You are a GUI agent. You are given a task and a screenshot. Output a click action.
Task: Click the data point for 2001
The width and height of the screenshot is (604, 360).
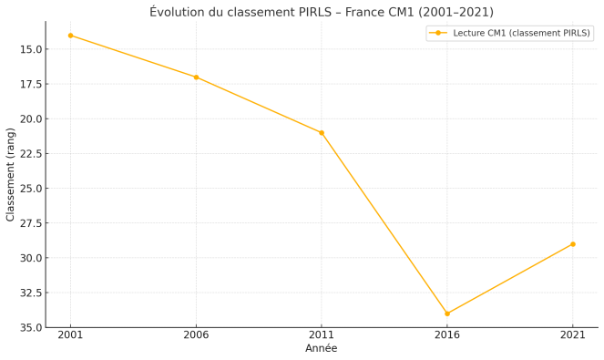70,36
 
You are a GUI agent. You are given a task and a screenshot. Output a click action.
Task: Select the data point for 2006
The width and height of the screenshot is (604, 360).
196,77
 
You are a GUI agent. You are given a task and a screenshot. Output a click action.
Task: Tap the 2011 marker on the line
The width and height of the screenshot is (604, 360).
322,133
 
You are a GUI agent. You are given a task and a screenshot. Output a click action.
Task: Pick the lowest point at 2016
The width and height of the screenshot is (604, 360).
447,314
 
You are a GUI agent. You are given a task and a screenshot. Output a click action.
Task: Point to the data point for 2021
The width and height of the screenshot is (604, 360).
573,244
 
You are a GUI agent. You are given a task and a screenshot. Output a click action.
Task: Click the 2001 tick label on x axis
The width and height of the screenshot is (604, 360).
70,335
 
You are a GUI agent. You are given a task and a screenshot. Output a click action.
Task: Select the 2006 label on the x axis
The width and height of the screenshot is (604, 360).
196,335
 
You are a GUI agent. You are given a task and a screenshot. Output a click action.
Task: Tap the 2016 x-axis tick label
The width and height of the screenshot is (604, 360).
447,335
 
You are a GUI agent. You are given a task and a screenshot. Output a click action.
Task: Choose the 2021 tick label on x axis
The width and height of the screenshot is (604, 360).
573,335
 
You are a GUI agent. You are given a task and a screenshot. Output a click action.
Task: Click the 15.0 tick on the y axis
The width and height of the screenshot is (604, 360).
29,49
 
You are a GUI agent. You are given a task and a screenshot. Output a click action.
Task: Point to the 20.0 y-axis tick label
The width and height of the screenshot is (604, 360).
29,118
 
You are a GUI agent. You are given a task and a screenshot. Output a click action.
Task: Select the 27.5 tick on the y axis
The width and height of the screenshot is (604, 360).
29,223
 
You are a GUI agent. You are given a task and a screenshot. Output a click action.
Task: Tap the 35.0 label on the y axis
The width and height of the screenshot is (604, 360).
29,327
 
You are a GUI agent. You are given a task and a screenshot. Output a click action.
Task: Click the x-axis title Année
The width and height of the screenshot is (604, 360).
321,349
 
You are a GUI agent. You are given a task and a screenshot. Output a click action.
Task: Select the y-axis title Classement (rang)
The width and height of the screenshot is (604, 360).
11,174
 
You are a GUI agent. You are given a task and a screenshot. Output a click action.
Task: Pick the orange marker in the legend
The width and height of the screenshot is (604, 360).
438,33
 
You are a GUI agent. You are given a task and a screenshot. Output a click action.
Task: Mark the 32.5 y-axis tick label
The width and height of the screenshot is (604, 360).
29,293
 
